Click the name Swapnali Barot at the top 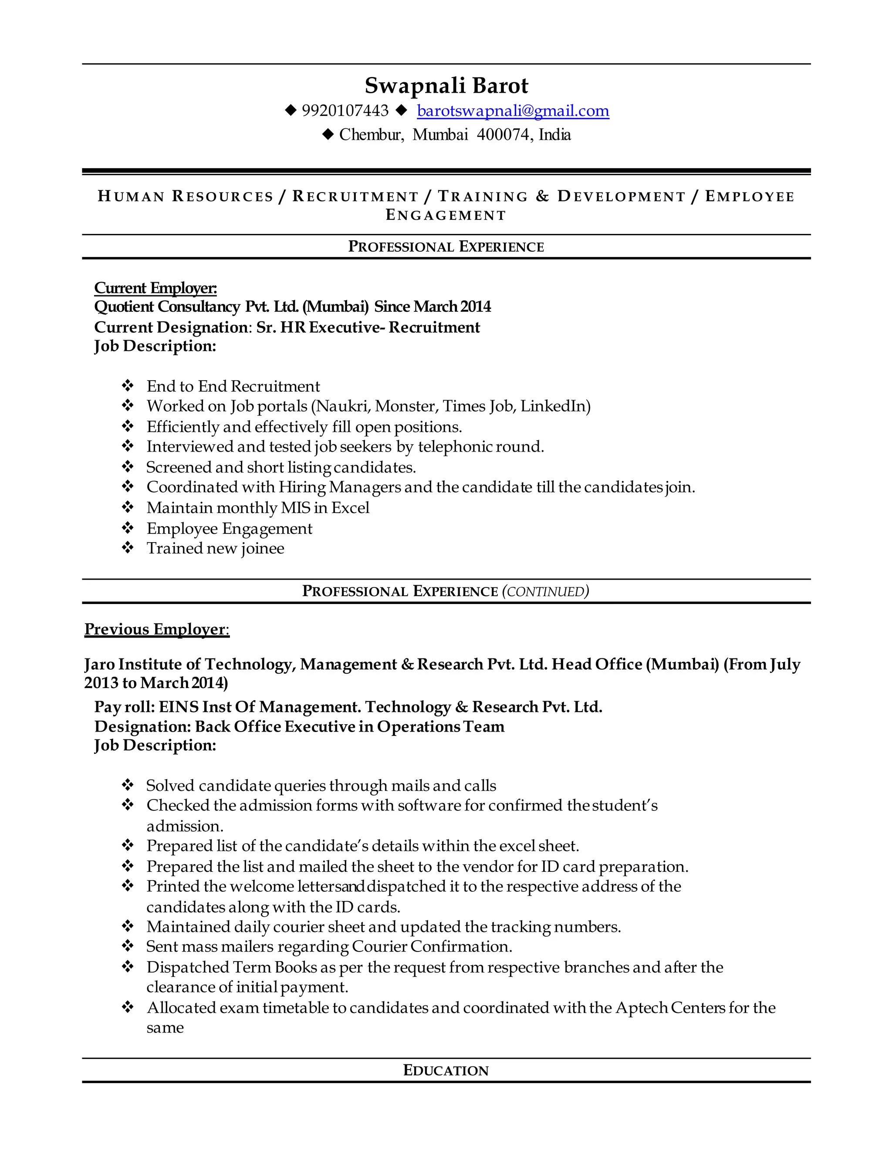pyautogui.click(x=446, y=86)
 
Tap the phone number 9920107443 pyautogui.click(x=345, y=111)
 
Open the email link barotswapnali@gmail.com pyautogui.click(x=513, y=111)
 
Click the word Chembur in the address pyautogui.click(x=371, y=135)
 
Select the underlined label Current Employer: pyautogui.click(x=155, y=288)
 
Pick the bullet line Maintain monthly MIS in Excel pyautogui.click(x=257, y=508)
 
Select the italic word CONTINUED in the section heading pyautogui.click(x=545, y=591)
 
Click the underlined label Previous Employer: pyautogui.click(x=156, y=629)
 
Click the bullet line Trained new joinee pyautogui.click(x=215, y=548)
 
